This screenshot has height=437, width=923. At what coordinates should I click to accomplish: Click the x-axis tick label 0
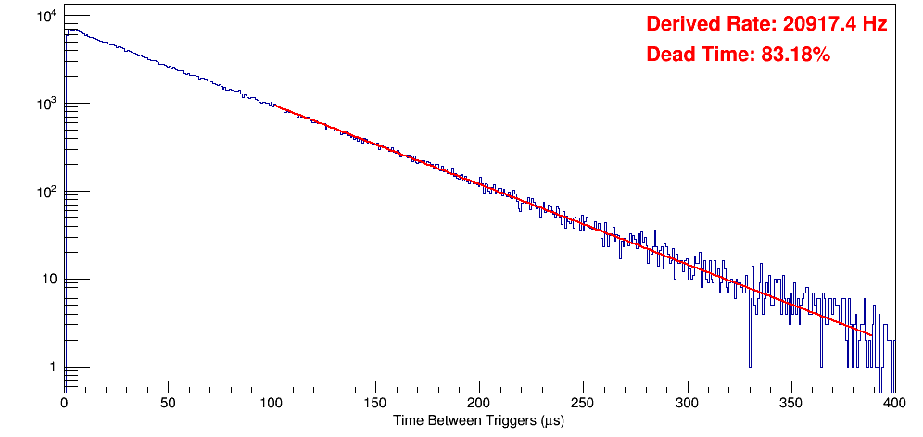click(x=64, y=404)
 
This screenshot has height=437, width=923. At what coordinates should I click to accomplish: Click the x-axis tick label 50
click(x=168, y=404)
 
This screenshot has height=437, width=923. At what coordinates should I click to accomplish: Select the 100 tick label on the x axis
click(x=272, y=404)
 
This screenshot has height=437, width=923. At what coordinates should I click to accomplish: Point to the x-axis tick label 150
click(x=375, y=404)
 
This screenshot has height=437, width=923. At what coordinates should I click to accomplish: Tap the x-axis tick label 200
click(x=479, y=404)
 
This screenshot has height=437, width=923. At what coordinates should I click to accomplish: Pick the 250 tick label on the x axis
click(x=583, y=404)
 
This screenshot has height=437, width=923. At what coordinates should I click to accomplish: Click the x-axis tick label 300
click(x=687, y=404)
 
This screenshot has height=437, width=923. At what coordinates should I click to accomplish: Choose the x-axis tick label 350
click(x=790, y=404)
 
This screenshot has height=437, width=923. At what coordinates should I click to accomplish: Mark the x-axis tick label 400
click(x=893, y=404)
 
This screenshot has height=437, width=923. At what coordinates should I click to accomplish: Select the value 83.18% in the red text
click(x=795, y=56)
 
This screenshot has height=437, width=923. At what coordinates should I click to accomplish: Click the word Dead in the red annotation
click(x=667, y=56)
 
